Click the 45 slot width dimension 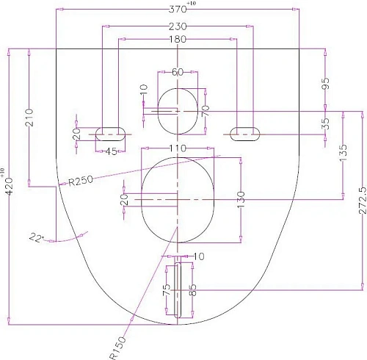tap(109, 152)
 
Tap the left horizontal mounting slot tap(110, 133)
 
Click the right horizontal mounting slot tap(244, 133)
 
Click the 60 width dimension tap(178, 72)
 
